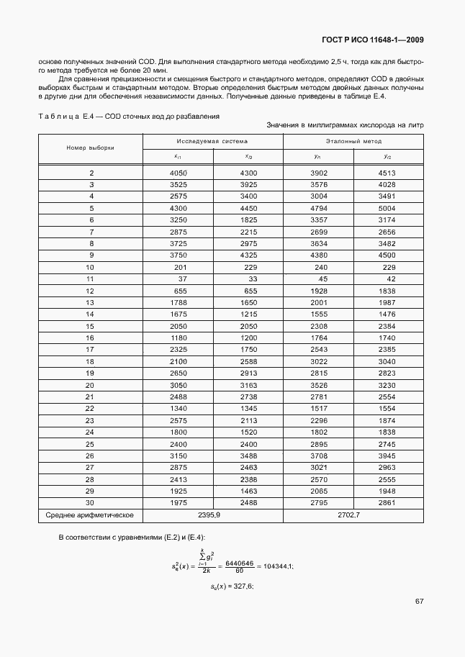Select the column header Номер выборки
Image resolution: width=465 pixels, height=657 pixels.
click(91, 148)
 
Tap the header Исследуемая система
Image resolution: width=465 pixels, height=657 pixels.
click(213, 142)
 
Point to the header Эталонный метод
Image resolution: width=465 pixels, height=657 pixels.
click(353, 142)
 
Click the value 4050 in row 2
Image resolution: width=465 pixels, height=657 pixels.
click(178, 173)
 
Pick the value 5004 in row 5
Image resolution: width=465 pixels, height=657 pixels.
click(387, 208)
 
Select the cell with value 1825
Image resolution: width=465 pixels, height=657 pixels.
click(248, 219)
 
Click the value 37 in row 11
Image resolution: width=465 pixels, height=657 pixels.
click(182, 278)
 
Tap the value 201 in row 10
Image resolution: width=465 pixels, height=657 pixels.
click(180, 266)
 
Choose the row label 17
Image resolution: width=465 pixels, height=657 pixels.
click(91, 349)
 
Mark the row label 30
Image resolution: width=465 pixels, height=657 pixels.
click(91, 502)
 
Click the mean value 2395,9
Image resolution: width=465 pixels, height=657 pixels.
click(213, 515)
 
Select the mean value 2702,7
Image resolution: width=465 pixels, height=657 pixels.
click(353, 515)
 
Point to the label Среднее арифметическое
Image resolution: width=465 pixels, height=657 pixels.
click(91, 515)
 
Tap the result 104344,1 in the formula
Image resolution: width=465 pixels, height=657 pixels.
click(275, 567)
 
